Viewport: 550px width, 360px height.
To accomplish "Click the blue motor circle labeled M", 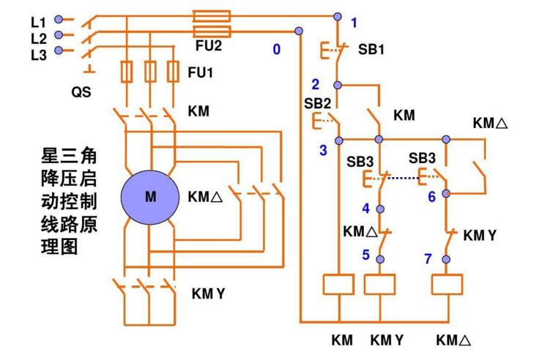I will point(150,197).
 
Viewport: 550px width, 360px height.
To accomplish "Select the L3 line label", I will point(39,51).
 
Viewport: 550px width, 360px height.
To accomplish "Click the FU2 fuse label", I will point(209,45).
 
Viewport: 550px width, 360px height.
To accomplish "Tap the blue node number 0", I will point(276,50).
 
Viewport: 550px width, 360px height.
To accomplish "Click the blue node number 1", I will point(354,23).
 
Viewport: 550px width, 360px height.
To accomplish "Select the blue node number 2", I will point(316,84).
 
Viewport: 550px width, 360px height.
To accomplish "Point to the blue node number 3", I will point(322,151).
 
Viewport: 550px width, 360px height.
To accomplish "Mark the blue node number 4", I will point(366,208).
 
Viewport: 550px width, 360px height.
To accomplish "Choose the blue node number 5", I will point(366,255).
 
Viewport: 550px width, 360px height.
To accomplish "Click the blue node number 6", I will point(431,197).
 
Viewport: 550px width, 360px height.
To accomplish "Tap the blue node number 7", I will point(428,258).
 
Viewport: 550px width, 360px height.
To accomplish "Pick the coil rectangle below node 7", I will point(447,285).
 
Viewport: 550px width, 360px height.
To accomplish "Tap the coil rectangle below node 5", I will point(379,285).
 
